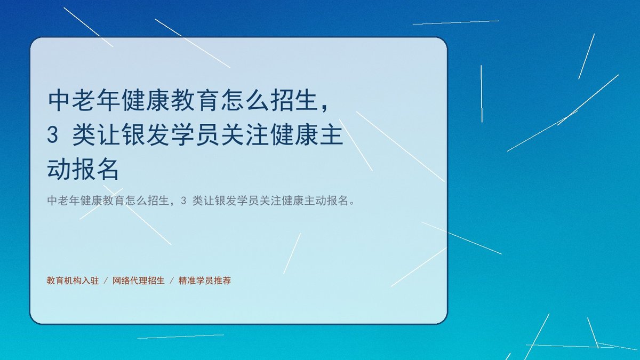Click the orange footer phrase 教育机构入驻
tap(73, 281)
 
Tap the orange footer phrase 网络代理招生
tap(139, 281)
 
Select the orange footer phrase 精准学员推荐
tap(205, 281)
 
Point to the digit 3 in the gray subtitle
tap(183, 201)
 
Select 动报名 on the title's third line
tap(83, 170)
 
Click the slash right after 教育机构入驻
tap(106, 281)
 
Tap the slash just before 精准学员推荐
tap(172, 281)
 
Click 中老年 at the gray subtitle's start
tap(63, 201)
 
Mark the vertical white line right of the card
tap(482, 94)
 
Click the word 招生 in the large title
tap(295, 100)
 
